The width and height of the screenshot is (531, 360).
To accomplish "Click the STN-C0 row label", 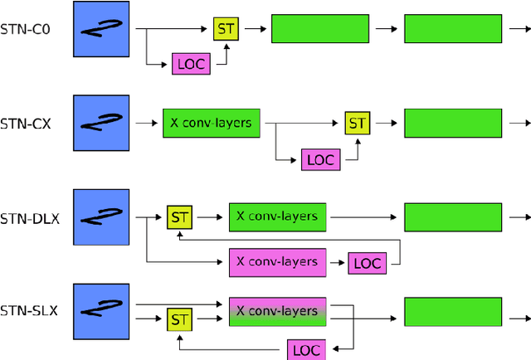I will (x=26, y=32).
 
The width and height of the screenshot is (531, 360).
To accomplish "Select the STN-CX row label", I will (x=26, y=124).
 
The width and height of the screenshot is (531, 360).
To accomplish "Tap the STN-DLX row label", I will (x=29, y=219).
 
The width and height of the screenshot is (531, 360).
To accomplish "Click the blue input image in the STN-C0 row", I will (x=101, y=29).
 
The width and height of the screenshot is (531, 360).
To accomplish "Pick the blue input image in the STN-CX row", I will (x=101, y=123).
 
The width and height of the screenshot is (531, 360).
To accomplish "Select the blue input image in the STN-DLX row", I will (x=101, y=217).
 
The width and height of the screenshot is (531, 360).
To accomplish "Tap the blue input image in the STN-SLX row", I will (x=101, y=311).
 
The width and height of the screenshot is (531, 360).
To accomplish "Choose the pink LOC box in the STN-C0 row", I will (x=191, y=64).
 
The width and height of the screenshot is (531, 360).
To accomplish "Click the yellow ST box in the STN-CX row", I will (x=357, y=123).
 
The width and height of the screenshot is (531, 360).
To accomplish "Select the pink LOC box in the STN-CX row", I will (x=320, y=158).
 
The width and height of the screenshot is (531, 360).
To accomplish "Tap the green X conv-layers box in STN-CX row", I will (x=212, y=123).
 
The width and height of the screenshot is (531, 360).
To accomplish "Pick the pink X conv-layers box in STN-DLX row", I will (x=277, y=262).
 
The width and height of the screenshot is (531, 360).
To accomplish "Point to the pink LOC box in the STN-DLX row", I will (x=366, y=263).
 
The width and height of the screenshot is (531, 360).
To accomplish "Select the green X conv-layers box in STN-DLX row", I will (x=277, y=216).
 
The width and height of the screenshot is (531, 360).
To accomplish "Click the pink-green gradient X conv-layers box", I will (x=277, y=311).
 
